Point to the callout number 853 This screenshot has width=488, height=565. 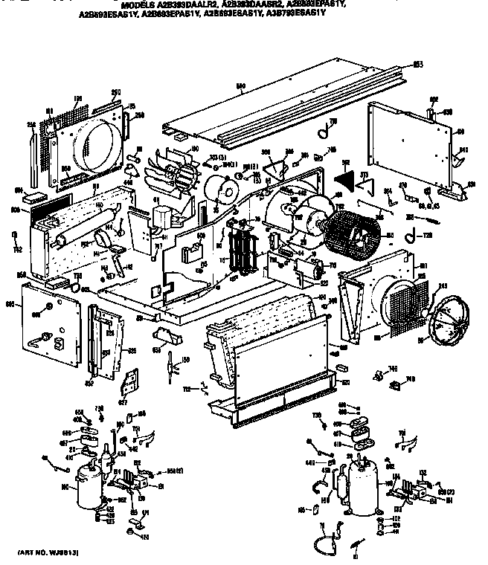pos(417,65)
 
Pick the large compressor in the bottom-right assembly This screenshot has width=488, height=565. pos(364,488)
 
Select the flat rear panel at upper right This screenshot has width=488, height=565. pos(406,141)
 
